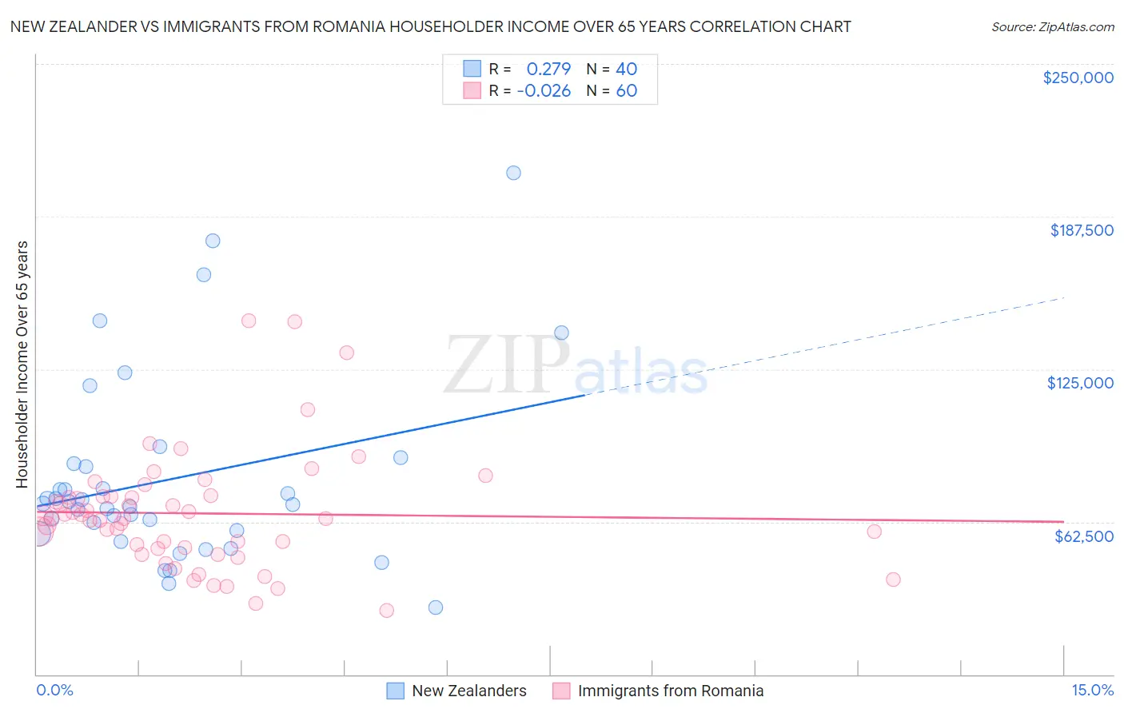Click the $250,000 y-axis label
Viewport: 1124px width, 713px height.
tap(1078, 78)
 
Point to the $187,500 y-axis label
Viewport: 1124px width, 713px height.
tap(1081, 230)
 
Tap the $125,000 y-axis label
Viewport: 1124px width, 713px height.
tap(1080, 383)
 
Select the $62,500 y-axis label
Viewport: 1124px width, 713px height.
tap(1083, 536)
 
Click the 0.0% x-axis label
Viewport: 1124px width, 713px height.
tap(54, 690)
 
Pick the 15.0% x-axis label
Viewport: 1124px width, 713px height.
tap(1092, 690)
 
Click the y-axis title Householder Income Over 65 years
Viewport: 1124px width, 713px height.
tap(22, 364)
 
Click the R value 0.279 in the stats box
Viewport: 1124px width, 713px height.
tap(548, 70)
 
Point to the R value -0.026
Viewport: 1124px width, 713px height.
tap(544, 91)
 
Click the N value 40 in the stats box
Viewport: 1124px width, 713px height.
tap(626, 70)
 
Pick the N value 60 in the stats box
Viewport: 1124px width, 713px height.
tap(626, 91)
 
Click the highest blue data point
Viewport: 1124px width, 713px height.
tap(513, 173)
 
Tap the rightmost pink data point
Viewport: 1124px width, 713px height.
tap(893, 580)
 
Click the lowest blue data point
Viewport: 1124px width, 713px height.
tap(436, 607)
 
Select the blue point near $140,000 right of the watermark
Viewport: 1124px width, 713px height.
tap(561, 333)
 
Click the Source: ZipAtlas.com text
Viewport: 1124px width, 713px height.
tap(1052, 27)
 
